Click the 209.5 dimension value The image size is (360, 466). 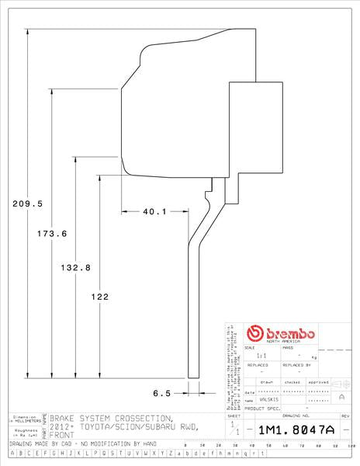[27, 203]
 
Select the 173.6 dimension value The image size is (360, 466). [52, 233]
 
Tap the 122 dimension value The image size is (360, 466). [99, 296]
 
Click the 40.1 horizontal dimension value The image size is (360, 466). [154, 211]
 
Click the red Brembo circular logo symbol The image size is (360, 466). [255, 333]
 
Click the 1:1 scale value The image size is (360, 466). [261, 355]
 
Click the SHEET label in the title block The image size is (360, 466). [235, 417]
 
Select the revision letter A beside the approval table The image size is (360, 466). [342, 396]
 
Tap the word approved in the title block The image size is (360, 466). [318, 382]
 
